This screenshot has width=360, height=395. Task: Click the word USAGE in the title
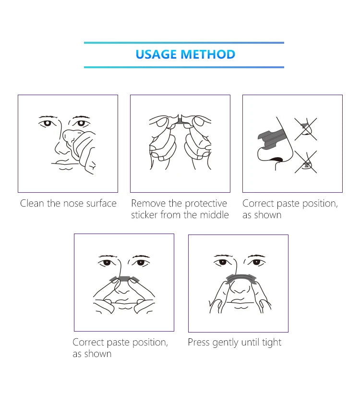click(156, 54)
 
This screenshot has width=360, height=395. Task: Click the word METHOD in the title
click(208, 54)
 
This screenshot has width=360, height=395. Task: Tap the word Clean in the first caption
click(32, 203)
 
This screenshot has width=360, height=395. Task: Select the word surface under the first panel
click(101, 203)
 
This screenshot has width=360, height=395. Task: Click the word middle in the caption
click(214, 215)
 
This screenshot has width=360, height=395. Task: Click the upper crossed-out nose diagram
click(306, 129)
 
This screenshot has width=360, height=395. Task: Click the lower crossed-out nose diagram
click(306, 162)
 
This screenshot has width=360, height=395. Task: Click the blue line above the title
click(184, 43)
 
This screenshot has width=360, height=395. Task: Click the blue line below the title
click(184, 67)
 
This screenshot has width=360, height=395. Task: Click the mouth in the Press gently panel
click(239, 301)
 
